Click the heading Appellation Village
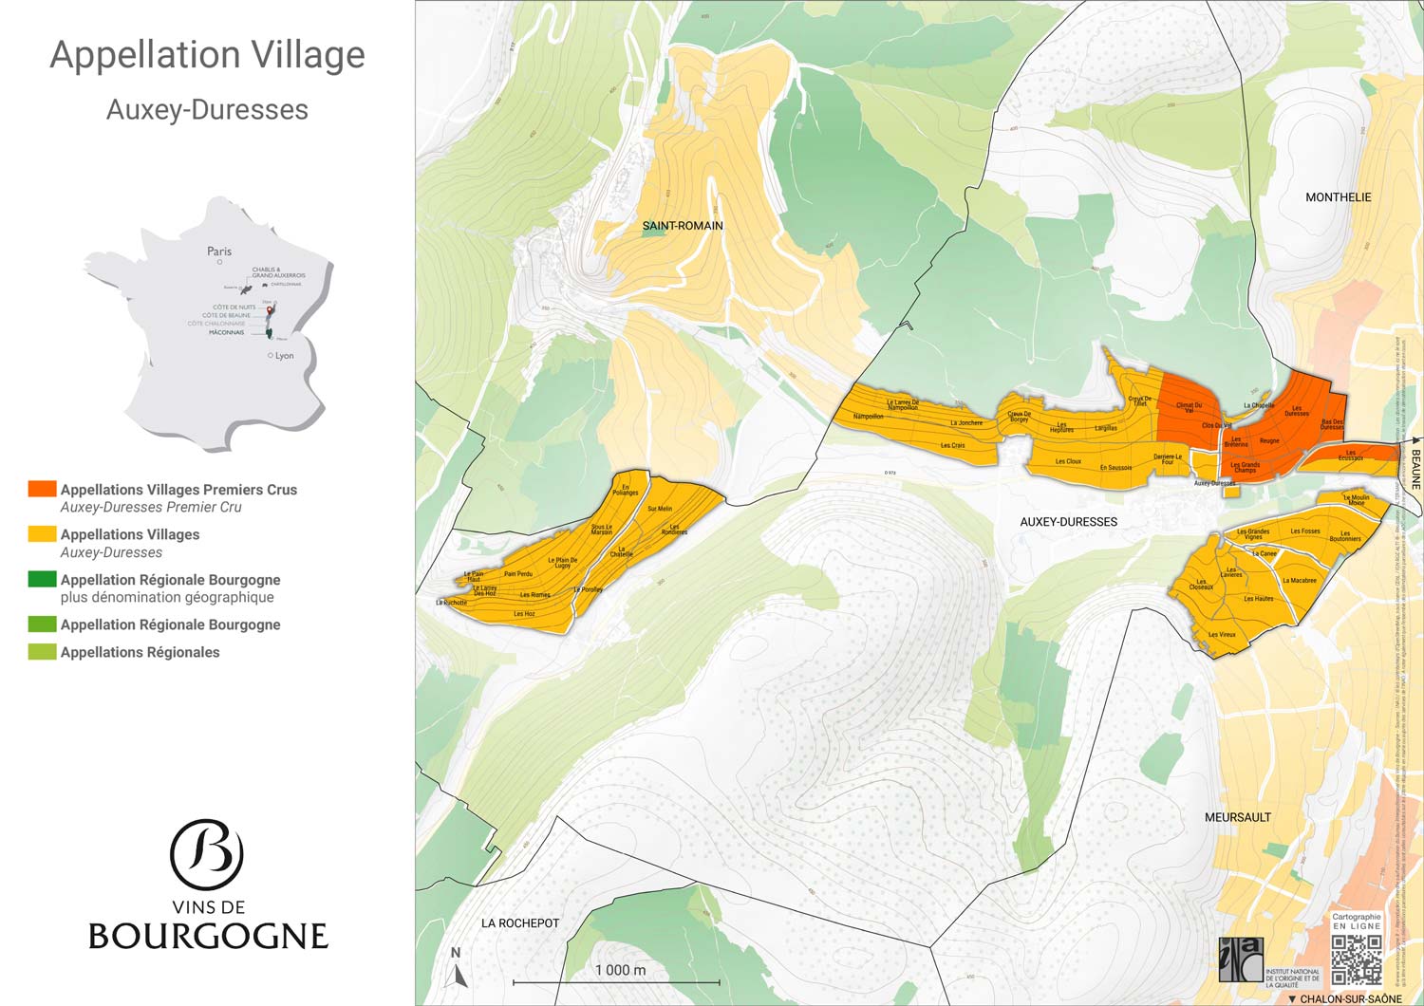[x=207, y=55]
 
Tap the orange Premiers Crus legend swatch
[x=42, y=489]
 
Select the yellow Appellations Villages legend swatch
[x=42, y=534]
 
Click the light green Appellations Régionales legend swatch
[x=42, y=652]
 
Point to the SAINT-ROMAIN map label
[x=683, y=226]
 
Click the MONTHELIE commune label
[x=1338, y=197]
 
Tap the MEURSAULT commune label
[x=1237, y=817]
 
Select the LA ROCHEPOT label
[x=520, y=923]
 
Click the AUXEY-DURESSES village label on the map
[x=1068, y=522]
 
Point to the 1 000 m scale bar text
[x=620, y=970]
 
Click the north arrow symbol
[x=457, y=970]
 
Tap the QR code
[x=1357, y=959]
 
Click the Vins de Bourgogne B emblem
[x=207, y=854]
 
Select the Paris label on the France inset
[x=219, y=251]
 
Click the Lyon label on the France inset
[x=284, y=356]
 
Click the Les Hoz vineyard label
[x=524, y=614]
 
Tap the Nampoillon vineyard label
[x=868, y=417]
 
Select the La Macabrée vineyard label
[x=1300, y=581]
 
